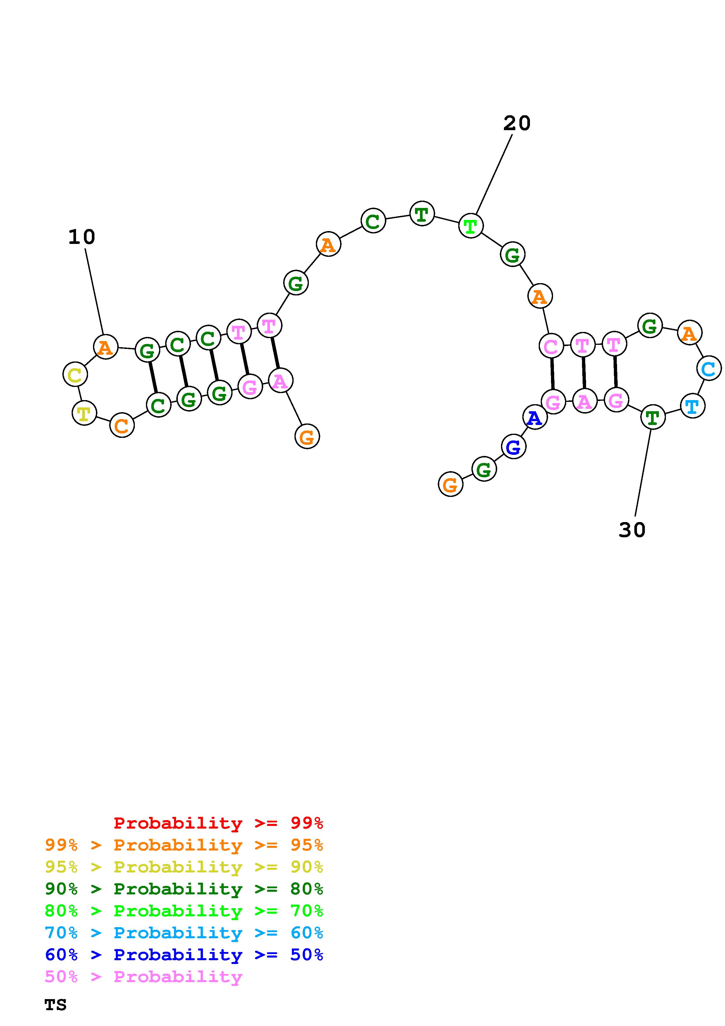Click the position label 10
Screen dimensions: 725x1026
[82, 237]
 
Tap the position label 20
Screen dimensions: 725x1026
[517, 123]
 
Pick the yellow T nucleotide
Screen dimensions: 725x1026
[84, 413]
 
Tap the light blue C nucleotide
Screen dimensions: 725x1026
[708, 369]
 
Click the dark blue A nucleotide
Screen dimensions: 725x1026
[535, 417]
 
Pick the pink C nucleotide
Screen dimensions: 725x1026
[551, 346]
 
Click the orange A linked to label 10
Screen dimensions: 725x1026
[105, 347]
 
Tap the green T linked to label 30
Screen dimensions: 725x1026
[653, 417]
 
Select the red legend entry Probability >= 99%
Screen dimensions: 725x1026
[218, 823]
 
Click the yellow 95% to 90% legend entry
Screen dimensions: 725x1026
[184, 867]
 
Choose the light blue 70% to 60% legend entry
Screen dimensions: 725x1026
[184, 933]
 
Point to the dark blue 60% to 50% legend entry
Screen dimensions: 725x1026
[184, 955]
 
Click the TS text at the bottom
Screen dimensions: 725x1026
[55, 1005]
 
